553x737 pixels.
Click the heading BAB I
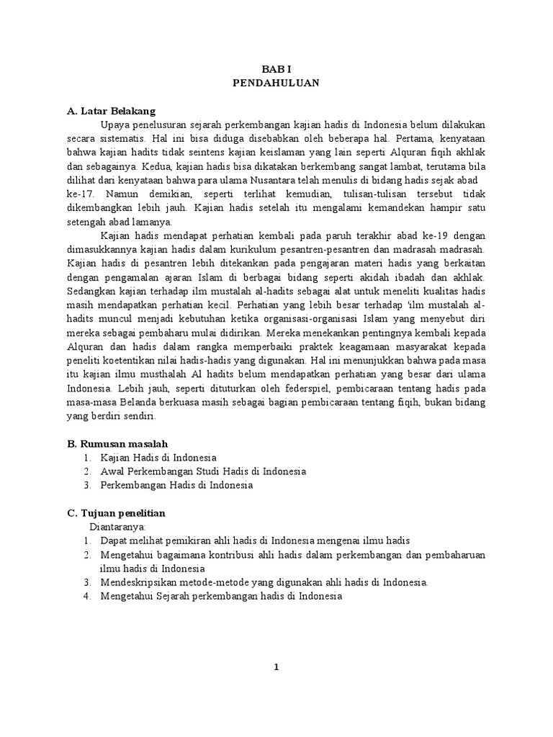pos(276,68)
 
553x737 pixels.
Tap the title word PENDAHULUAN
pos(276,83)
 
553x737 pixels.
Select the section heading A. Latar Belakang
pos(110,111)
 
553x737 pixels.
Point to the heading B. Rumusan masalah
pos(117,443)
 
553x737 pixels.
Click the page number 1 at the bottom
pos(276,667)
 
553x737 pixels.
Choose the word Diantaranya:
pos(115,526)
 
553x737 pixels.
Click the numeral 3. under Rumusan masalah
pos(86,485)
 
